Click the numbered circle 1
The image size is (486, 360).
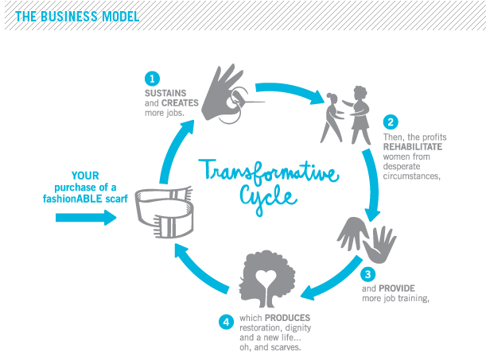pos(152,79)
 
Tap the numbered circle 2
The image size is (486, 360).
pos(391,122)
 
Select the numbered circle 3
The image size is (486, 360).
pos(368,274)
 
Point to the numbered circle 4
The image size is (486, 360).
pos(226,322)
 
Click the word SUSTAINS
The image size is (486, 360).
pos(165,93)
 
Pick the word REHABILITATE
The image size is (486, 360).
pos(413,147)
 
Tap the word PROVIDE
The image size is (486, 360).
pos(397,288)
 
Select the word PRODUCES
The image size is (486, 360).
pos(287,318)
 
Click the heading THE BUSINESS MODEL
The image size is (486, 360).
pos(77,17)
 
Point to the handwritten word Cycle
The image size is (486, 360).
pos(268,199)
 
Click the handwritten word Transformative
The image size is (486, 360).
pos(268,172)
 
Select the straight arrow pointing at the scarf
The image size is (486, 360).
pos(86,218)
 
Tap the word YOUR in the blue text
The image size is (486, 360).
pos(85,176)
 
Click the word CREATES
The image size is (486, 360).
pos(180,103)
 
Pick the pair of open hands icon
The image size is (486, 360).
pos(367,239)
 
